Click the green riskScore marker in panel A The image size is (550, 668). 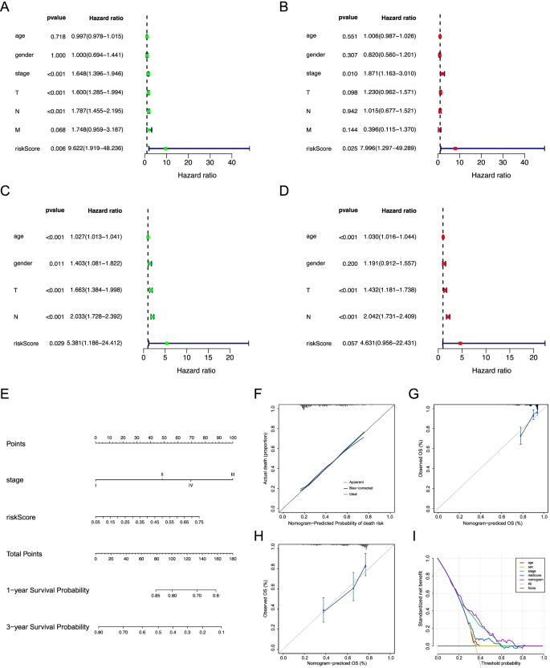point(165,149)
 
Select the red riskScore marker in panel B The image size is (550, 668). point(455,149)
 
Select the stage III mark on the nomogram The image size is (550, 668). point(233,475)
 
